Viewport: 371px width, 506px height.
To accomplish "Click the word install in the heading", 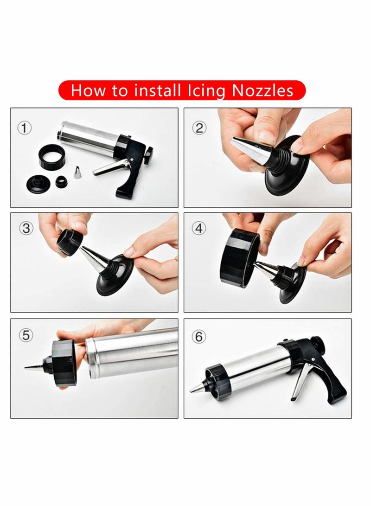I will coord(157,90).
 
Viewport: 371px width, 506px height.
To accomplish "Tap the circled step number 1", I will coord(25,127).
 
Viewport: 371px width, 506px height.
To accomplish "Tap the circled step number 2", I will coord(199,128).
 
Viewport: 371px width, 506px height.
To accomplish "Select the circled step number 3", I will coord(25,228).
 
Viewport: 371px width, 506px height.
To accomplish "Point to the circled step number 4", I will coord(199,228).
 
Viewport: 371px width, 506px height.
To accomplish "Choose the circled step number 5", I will coord(25,334).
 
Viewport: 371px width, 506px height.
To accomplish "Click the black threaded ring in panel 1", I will coord(51,156).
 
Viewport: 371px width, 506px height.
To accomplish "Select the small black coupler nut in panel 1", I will coord(61,181).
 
